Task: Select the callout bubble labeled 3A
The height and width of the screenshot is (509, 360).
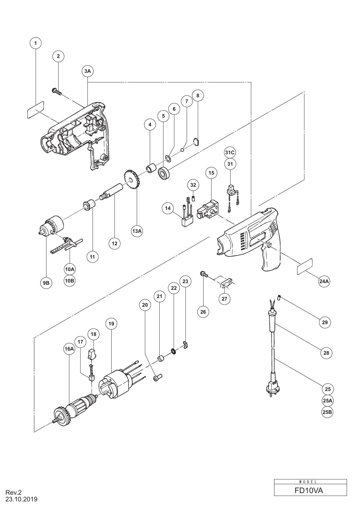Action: pyautogui.click(x=88, y=71)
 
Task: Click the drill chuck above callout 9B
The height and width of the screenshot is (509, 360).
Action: pyautogui.click(x=51, y=225)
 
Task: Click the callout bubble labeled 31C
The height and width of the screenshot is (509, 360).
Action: pyautogui.click(x=230, y=153)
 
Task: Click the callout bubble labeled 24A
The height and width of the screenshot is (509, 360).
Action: pyautogui.click(x=324, y=282)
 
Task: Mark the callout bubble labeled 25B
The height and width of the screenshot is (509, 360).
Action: pyautogui.click(x=328, y=412)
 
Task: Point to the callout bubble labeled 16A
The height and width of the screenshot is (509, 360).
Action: pyautogui.click(x=69, y=349)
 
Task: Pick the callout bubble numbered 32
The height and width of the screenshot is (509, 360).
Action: pyautogui.click(x=193, y=185)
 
